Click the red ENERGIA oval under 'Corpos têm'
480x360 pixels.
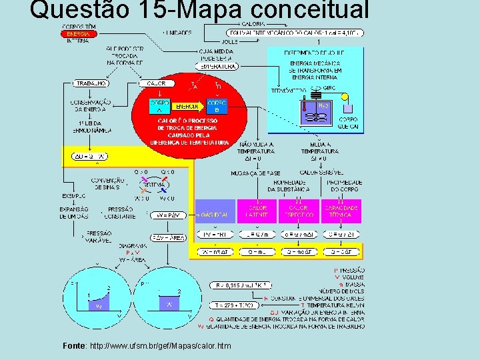point(78,33)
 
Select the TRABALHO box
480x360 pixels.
point(91,83)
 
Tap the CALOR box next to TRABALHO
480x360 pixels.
point(157,83)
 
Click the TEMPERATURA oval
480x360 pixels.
point(217,66)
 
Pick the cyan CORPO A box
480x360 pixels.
point(159,106)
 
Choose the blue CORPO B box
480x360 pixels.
point(217,106)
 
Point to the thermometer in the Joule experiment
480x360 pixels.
point(303,109)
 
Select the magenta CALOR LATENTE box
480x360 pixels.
point(257,211)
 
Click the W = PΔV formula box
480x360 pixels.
point(169,215)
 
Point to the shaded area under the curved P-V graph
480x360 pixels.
point(97,306)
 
